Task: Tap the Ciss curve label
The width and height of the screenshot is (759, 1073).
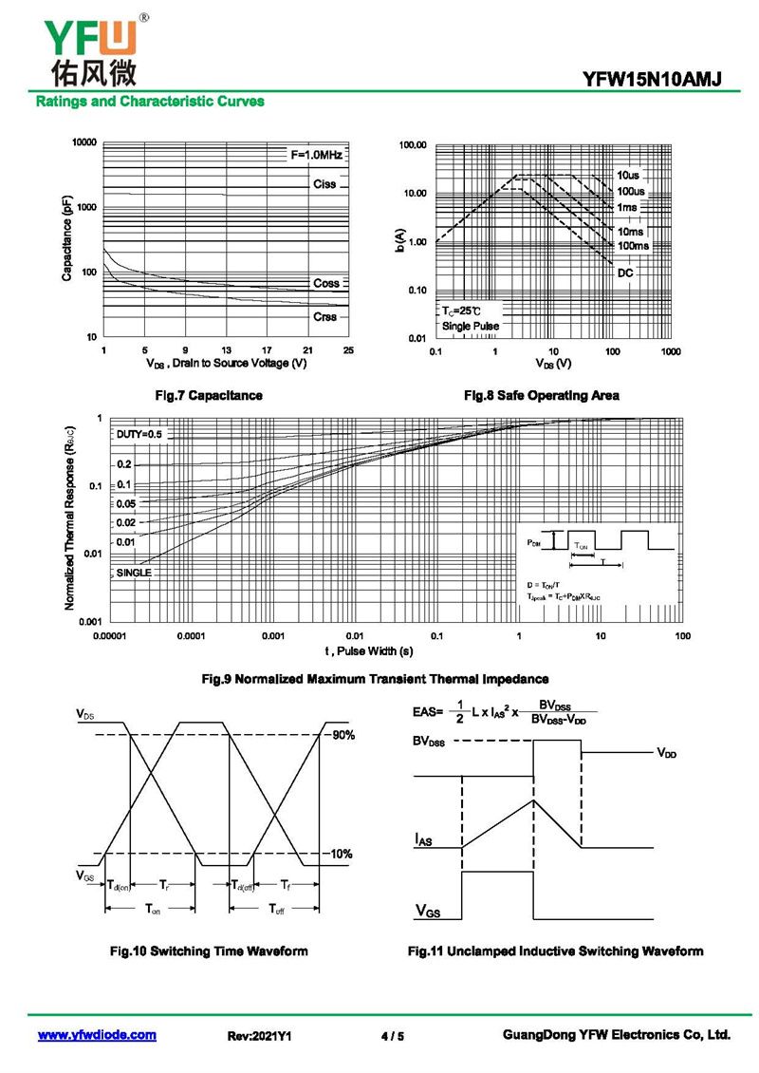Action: [324, 183]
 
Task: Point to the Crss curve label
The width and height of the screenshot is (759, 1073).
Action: [324, 316]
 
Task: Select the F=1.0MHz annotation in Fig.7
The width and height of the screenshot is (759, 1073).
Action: [316, 154]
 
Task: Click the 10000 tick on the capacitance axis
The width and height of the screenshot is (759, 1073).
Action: [84, 142]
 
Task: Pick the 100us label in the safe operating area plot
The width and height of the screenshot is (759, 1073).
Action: [631, 191]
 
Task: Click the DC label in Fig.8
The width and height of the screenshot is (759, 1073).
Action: [625, 273]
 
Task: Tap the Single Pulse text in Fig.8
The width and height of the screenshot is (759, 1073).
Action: [470, 327]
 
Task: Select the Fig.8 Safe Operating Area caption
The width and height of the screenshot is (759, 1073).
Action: [542, 395]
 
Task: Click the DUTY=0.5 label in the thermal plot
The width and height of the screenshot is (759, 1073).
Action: [139, 434]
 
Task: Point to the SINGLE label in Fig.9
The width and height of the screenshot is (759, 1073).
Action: [134, 573]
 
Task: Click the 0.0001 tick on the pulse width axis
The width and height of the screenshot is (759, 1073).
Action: [191, 635]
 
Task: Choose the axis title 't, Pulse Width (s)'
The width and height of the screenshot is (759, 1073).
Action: [369, 651]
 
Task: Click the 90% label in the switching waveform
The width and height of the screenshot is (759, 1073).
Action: [342, 735]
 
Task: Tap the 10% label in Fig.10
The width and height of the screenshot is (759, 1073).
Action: [342, 854]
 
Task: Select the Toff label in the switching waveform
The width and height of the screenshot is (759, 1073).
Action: [277, 910]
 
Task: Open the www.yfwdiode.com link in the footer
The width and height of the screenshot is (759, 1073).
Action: [97, 1035]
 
